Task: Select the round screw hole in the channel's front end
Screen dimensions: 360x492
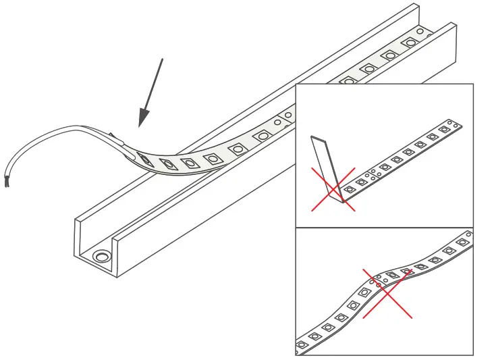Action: pyautogui.click(x=103, y=256)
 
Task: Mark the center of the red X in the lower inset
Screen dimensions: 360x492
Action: pyautogui.click(x=387, y=293)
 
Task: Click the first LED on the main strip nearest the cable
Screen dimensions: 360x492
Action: pyautogui.click(x=145, y=159)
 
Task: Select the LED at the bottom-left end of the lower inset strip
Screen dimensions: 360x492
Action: pyautogui.click(x=302, y=344)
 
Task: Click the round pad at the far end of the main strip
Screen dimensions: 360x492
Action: pyautogui.click(x=420, y=32)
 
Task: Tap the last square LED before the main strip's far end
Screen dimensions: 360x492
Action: pyautogui.click(x=410, y=43)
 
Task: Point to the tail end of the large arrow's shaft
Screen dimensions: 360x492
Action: pyautogui.click(x=162, y=59)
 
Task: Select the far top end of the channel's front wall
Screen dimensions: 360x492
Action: pyautogui.click(x=451, y=27)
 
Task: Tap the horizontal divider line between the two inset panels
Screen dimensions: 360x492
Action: pyautogui.click(x=385, y=228)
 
